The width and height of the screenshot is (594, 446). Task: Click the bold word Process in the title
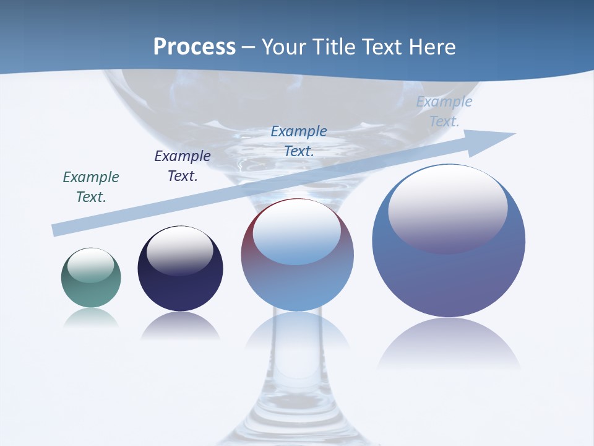(x=194, y=47)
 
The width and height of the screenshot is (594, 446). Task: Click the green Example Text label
(x=91, y=187)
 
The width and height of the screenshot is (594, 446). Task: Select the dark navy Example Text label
(x=183, y=166)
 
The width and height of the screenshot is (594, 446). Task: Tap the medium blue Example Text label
(x=299, y=141)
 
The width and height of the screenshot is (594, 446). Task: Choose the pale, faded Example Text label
(x=444, y=111)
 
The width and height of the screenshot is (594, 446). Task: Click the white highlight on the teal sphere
(x=91, y=265)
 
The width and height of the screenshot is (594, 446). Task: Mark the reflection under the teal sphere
(x=91, y=318)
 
